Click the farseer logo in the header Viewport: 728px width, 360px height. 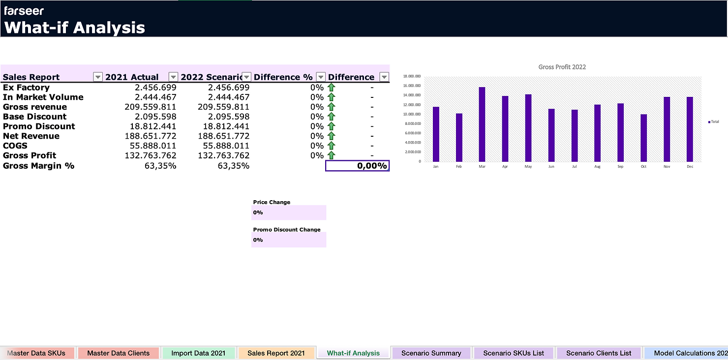(x=24, y=10)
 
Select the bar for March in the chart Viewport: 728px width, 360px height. (x=482, y=124)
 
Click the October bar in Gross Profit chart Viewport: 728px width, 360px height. (x=643, y=138)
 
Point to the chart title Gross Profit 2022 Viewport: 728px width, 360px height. (x=562, y=67)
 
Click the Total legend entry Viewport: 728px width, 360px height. (x=713, y=121)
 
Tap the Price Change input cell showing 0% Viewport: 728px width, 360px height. (x=288, y=212)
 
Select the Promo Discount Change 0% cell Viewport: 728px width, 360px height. (x=288, y=240)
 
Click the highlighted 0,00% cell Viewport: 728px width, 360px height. (x=357, y=166)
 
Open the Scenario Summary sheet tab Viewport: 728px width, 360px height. (x=431, y=353)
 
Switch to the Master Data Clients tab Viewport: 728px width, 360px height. (x=118, y=353)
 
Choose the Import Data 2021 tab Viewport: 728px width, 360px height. (x=198, y=353)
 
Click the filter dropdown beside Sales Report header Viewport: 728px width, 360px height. (x=97, y=77)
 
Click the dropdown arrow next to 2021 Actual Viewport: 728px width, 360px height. (x=173, y=77)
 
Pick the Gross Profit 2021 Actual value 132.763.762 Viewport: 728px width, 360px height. (x=149, y=155)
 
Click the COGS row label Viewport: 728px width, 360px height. (x=15, y=146)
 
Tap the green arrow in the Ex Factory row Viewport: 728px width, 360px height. (x=331, y=88)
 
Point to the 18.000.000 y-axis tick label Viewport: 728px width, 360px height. (x=412, y=77)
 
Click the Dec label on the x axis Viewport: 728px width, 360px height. (x=690, y=167)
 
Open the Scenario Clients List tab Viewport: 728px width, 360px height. (x=599, y=353)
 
